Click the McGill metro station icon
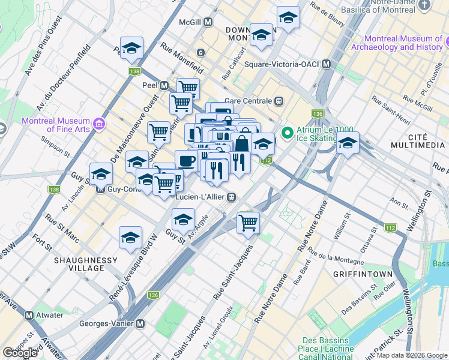point(208,22)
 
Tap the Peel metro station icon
point(164,86)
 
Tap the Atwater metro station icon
point(29,315)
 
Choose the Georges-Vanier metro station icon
point(140,323)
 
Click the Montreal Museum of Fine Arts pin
point(99,124)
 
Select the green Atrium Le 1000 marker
point(288,132)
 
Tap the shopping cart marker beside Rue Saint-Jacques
point(248,223)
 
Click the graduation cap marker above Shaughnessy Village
point(130,238)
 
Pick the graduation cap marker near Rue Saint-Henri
point(347,143)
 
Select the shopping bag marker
point(242,144)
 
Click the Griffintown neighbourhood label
point(365,274)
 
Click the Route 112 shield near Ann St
point(390,227)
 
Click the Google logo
point(20,353)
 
